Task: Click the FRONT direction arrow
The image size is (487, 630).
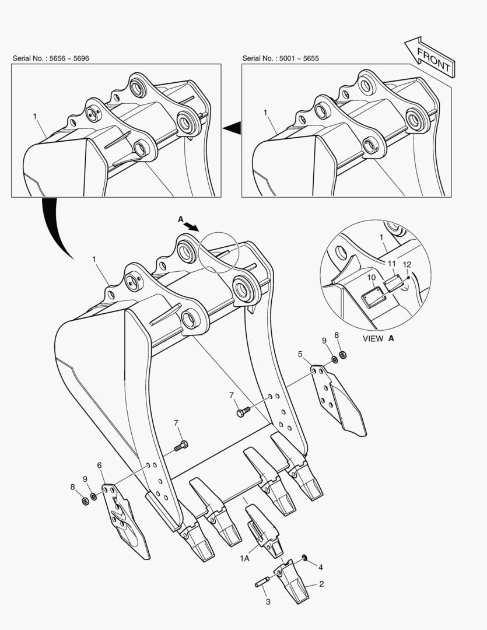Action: (430, 57)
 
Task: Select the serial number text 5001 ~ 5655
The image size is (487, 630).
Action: (299, 58)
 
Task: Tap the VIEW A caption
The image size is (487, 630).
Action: (379, 338)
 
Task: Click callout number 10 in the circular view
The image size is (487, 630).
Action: (372, 278)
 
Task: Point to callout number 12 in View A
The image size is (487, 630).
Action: (407, 265)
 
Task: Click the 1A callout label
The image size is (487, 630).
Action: (244, 558)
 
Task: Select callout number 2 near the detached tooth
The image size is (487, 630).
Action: (321, 584)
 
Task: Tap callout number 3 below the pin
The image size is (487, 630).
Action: (268, 601)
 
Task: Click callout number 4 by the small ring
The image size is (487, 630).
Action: (321, 568)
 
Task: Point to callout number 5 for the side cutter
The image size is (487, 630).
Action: (300, 354)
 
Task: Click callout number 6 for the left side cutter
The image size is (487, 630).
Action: (99, 466)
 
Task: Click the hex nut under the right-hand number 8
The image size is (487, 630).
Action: (343, 355)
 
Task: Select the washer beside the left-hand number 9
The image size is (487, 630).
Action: (93, 496)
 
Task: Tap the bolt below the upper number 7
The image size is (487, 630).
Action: (244, 412)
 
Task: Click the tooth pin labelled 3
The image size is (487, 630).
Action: (262, 582)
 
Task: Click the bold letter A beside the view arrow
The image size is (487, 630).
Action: (181, 219)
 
